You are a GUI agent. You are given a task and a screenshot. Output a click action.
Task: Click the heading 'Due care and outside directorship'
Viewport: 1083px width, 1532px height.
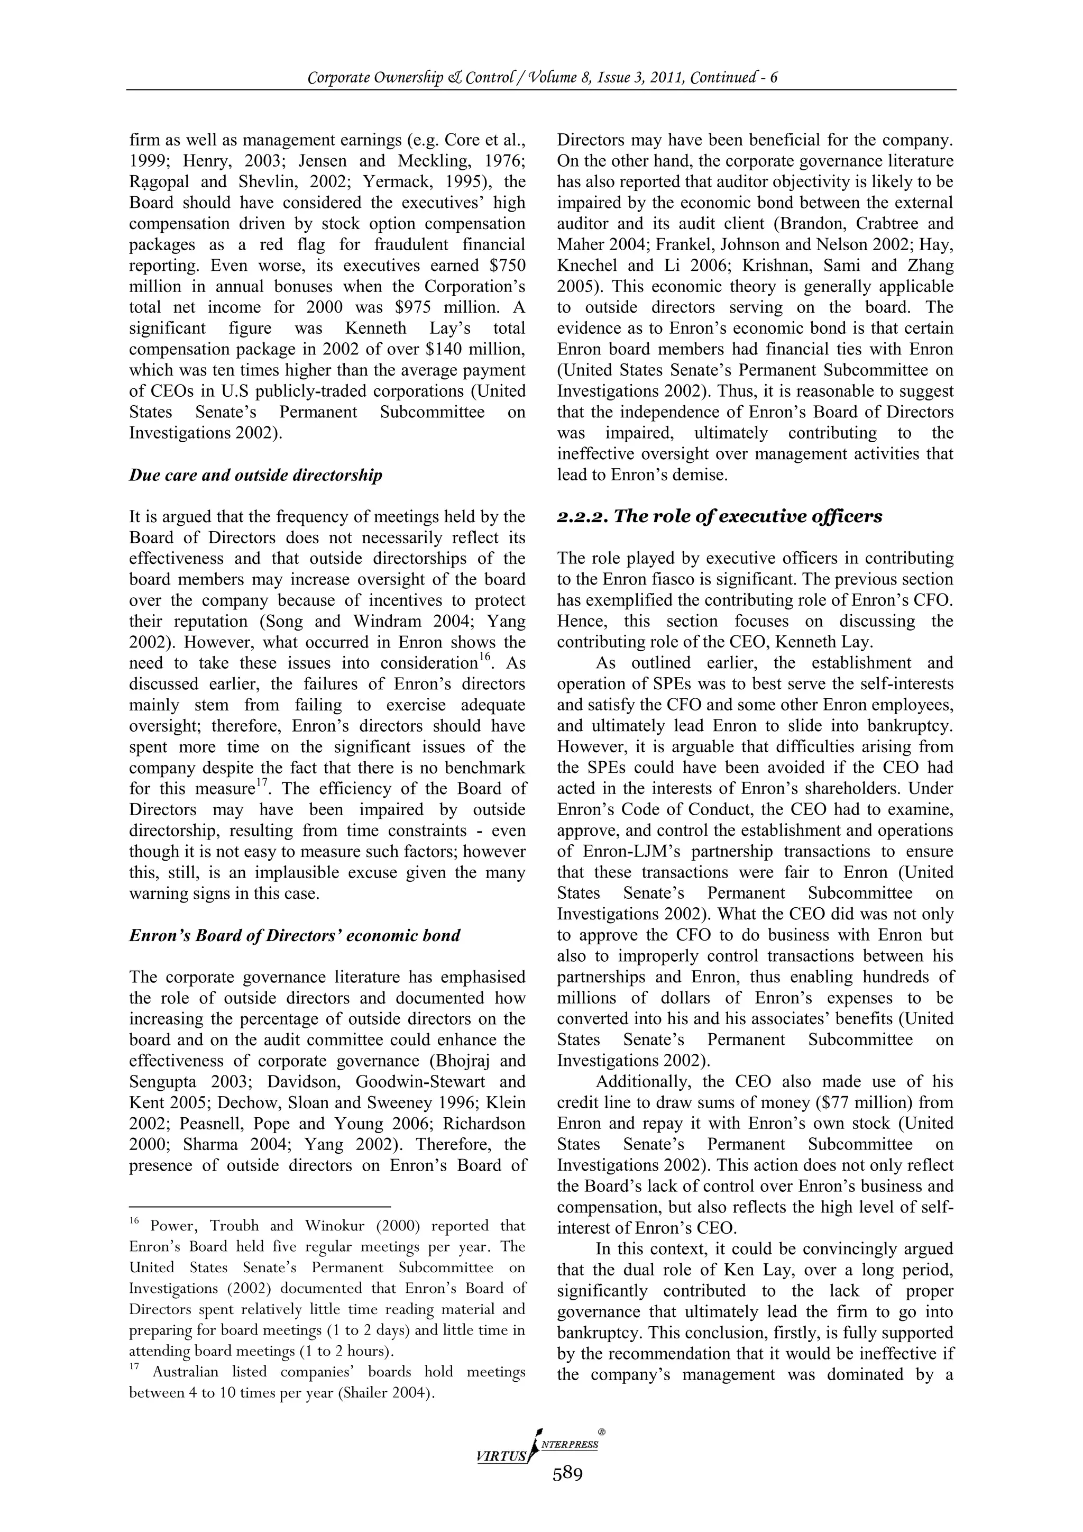(x=255, y=475)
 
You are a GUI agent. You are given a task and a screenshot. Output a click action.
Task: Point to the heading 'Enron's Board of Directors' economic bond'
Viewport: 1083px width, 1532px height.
(x=294, y=935)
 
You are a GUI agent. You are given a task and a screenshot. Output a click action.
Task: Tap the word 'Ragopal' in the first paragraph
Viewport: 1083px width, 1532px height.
(x=159, y=182)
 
